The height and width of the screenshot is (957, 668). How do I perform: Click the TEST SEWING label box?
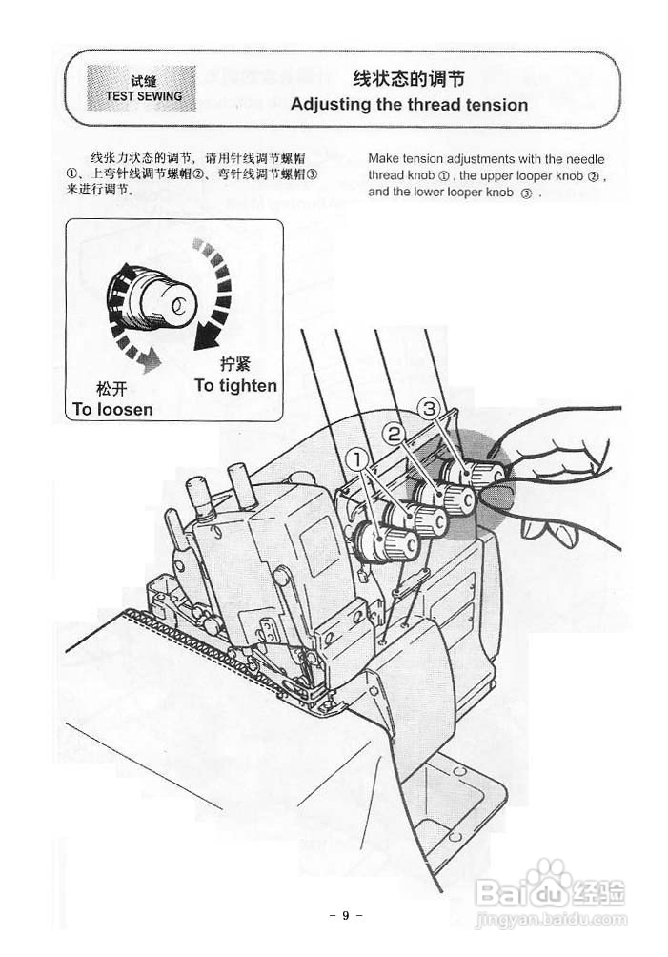pos(141,88)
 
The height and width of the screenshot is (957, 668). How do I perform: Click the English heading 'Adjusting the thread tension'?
pos(409,104)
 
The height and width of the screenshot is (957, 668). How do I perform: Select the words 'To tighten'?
pos(235,385)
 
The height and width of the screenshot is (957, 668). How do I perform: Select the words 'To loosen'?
pos(112,409)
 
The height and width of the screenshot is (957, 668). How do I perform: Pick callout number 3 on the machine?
pos(429,409)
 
